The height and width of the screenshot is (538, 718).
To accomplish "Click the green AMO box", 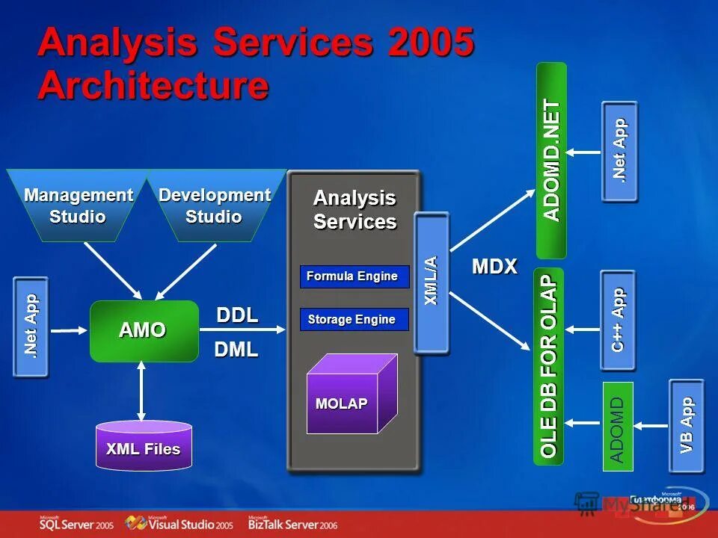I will coord(144,331).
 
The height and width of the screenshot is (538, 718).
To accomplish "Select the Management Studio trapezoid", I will coord(78,205).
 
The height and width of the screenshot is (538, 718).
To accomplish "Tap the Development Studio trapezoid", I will coord(214,205).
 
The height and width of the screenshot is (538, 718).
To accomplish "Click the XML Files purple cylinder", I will coord(144,446).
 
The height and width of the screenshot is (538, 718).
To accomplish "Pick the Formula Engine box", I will coord(355,276).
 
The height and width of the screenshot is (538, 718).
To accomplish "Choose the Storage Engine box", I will coord(355,320).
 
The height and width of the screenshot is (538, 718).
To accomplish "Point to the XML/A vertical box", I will coord(432,282).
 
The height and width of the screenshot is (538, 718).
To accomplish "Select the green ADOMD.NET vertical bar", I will coord(551,160).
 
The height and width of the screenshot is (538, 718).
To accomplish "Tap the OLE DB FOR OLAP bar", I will coord(548,366).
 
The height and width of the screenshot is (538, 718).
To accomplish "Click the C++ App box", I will coord(618,320).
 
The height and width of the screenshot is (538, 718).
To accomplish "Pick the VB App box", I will coord(687,426).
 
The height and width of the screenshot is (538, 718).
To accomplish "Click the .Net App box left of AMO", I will coord(31,327).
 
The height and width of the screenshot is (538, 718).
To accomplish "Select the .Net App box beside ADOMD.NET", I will coord(619,151).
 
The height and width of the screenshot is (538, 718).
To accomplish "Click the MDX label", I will coord(494,267).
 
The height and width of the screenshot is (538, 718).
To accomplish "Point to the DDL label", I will coord(237,315).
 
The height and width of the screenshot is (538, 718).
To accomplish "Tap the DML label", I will coord(236,349).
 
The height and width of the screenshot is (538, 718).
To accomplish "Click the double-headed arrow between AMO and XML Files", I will coord(141,391).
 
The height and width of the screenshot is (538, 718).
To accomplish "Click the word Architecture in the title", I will coord(153,85).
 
